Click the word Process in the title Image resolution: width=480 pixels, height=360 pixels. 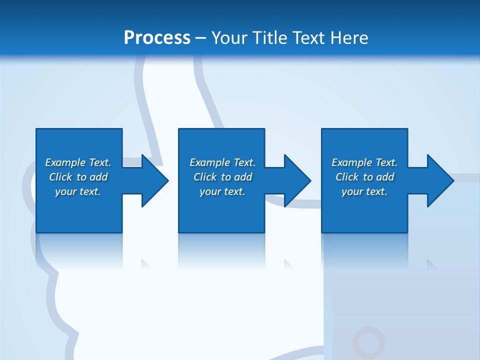tap(157, 37)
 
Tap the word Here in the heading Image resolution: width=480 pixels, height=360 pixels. tap(349, 37)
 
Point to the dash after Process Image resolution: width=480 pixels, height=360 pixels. tap(200, 38)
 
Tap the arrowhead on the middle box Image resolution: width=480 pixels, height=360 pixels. tap(296, 180)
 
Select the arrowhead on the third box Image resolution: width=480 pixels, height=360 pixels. tap(439, 180)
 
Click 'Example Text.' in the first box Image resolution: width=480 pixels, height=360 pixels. tap(78, 162)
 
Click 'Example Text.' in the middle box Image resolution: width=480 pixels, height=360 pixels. tap(222, 162)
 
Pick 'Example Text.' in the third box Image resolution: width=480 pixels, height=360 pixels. tap(364, 162)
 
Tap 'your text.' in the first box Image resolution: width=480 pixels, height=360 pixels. tap(78, 191)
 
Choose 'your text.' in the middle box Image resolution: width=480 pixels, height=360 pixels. tap(222, 191)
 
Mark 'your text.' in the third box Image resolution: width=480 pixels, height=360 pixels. tap(364, 191)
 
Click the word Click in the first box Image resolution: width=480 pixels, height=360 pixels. tap(60, 177)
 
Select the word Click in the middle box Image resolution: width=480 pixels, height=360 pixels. tap(205, 177)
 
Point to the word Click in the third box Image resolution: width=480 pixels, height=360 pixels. tap(347, 177)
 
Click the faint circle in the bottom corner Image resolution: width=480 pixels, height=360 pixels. tap(368, 342)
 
